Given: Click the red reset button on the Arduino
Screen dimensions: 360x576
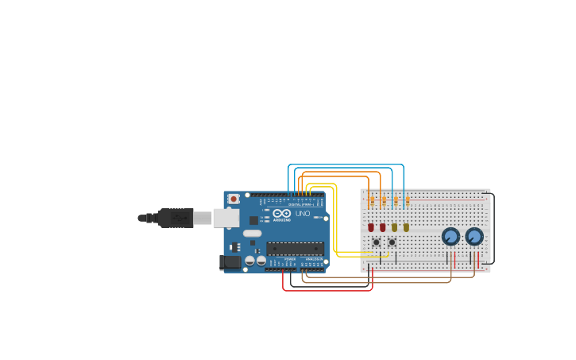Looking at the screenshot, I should [234, 199].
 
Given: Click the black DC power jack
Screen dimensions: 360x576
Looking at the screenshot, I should [230, 261].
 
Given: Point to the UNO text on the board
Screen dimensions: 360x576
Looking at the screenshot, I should [303, 214].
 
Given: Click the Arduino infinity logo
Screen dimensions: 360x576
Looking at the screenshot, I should [282, 213].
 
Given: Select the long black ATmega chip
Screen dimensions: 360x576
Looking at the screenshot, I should [295, 249].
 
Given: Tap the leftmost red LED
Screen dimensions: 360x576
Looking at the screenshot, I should [371, 227].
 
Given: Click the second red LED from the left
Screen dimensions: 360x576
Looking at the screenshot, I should [382, 227].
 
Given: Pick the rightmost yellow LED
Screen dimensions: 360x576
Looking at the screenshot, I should [406, 227].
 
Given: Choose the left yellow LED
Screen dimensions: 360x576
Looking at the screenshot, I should [394, 227].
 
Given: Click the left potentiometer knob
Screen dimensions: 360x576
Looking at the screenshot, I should [450, 236].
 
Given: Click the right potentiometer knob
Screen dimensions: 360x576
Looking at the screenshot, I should [474, 236].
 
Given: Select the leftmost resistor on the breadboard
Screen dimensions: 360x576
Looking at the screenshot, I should [372, 201].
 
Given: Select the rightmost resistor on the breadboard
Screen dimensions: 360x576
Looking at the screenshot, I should [408, 201].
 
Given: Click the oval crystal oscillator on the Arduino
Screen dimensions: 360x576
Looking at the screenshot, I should [252, 234].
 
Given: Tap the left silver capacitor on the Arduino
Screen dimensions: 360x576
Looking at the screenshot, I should [249, 260].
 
